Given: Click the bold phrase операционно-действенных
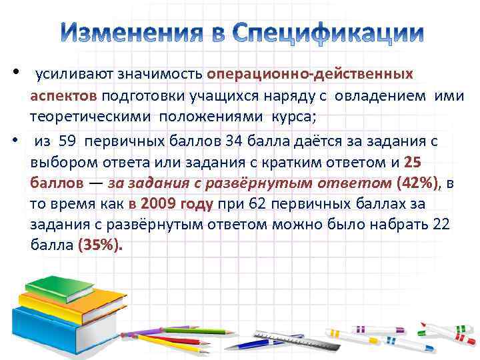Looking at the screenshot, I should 310,73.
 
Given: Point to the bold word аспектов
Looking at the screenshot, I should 63,95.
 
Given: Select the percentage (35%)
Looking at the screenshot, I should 101,245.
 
